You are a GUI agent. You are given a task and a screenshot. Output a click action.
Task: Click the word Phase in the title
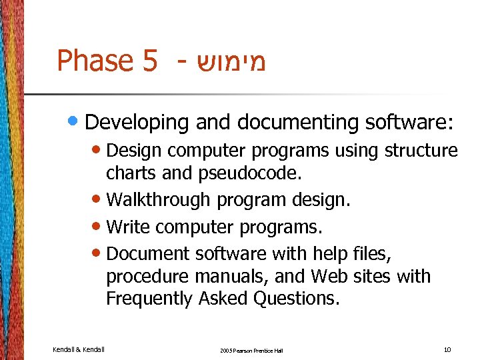click(95, 61)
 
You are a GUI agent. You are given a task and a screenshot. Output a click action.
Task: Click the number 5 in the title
click(149, 61)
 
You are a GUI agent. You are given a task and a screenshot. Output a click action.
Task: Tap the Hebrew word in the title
click(229, 61)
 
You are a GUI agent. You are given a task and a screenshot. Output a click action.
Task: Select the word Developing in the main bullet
click(137, 122)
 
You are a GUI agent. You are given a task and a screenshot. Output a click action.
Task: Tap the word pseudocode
click(249, 174)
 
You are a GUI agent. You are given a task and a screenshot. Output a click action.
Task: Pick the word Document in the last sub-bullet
click(148, 253)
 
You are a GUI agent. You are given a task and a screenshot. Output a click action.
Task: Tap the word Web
click(329, 276)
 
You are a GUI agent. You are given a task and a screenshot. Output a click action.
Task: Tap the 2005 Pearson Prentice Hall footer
click(252, 350)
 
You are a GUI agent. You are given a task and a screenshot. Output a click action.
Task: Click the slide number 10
click(446, 349)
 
